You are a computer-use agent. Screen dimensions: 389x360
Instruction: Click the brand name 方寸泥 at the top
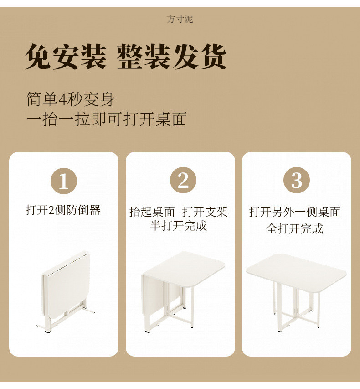click(180, 19)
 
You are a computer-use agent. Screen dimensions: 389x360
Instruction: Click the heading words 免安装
click(66, 57)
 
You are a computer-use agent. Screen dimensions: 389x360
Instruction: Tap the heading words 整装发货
click(172, 57)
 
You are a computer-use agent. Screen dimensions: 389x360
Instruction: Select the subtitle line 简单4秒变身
click(70, 99)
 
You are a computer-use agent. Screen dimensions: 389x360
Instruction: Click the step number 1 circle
click(64, 181)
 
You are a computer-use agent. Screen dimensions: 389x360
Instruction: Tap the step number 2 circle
click(183, 181)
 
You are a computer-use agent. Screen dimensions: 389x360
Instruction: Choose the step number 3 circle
click(297, 181)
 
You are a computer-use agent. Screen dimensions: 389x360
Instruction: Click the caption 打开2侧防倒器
click(63, 210)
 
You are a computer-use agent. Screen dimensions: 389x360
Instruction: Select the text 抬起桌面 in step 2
click(152, 212)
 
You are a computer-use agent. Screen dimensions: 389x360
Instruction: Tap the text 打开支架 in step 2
click(205, 212)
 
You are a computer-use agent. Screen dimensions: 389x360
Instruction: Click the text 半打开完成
click(179, 226)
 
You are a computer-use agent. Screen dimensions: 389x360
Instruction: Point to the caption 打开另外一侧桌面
click(294, 212)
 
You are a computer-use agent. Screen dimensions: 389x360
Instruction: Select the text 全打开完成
click(294, 228)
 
